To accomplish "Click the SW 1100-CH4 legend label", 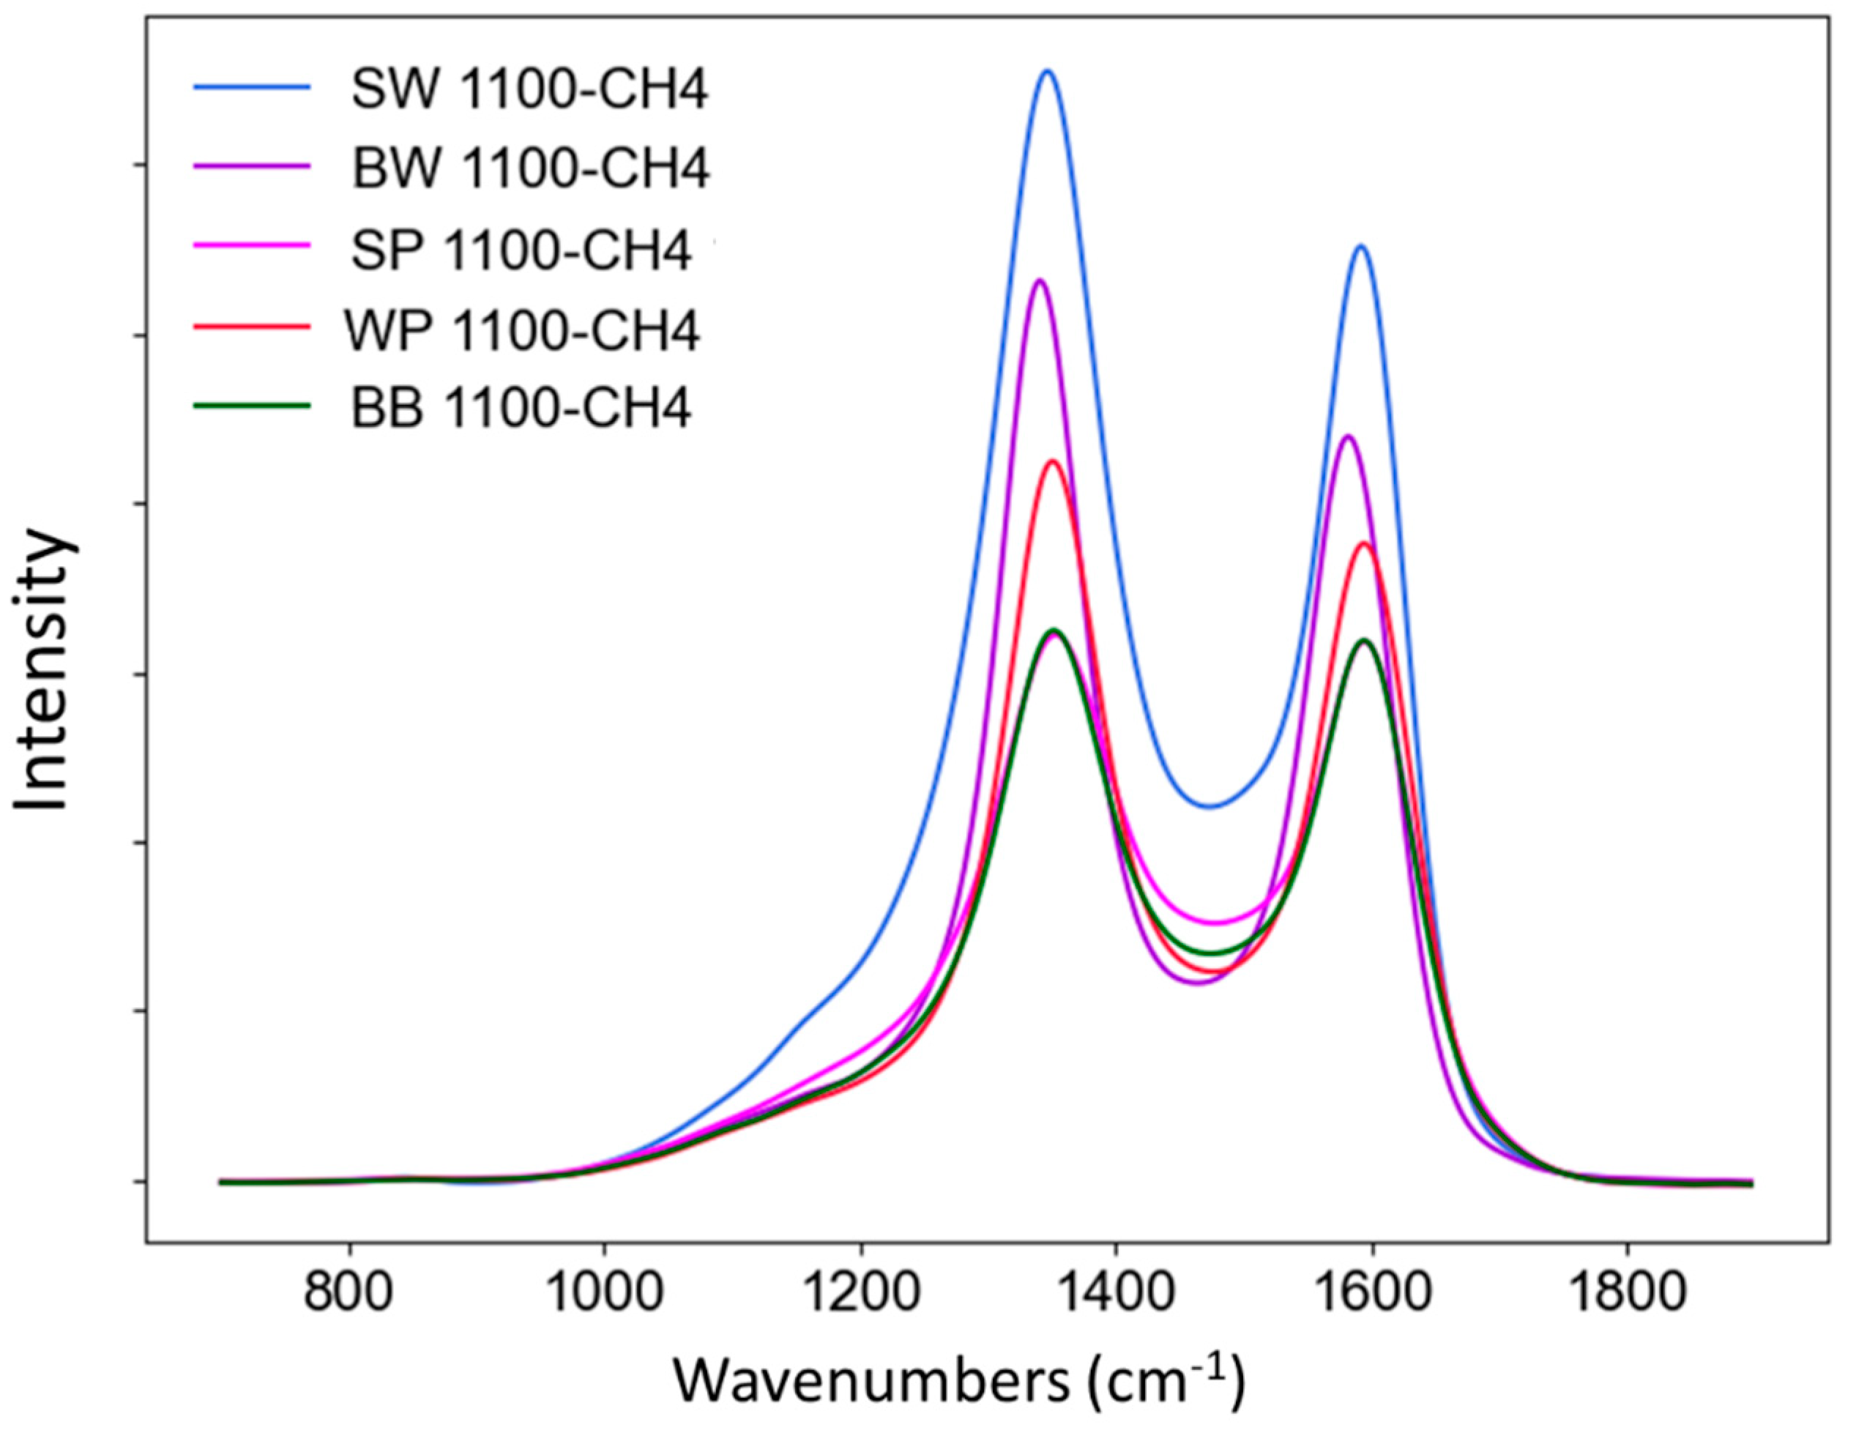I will pos(529,91).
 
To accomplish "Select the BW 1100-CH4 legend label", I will pos(530,170).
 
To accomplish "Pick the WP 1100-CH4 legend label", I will pos(522,331).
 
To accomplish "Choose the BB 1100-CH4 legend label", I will pos(522,409).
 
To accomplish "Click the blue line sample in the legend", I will pos(252,85).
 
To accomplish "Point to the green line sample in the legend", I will pos(252,406).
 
